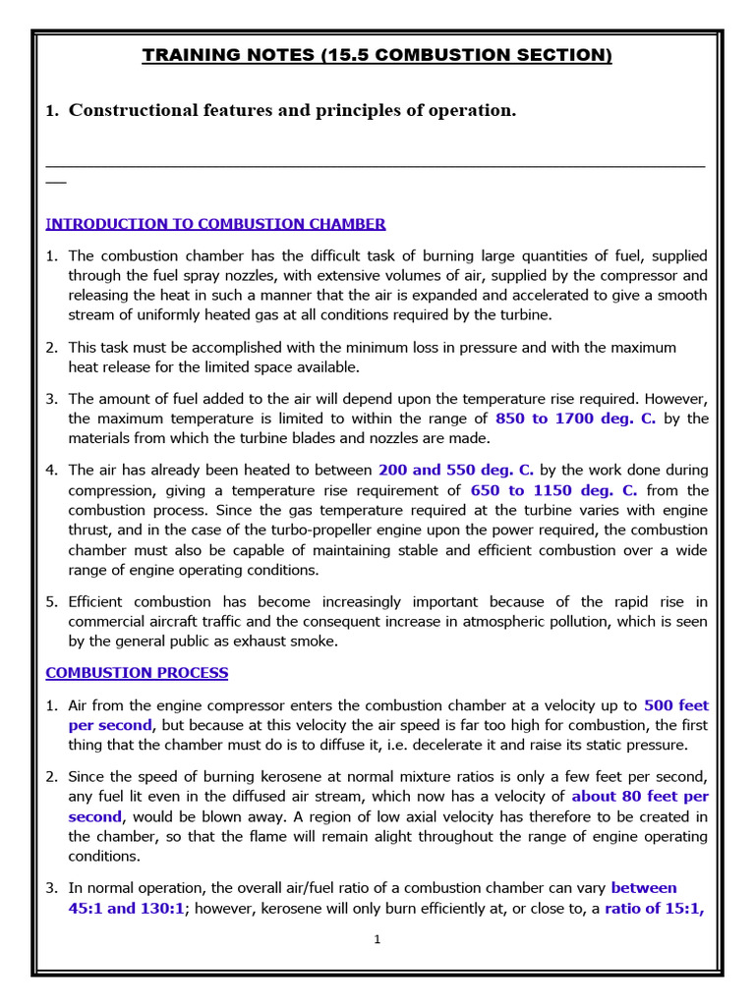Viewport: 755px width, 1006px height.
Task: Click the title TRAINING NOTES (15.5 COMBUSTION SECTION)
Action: click(x=377, y=56)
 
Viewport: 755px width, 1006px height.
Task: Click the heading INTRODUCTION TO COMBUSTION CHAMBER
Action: click(x=216, y=224)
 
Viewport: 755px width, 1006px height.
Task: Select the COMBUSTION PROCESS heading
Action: click(x=138, y=673)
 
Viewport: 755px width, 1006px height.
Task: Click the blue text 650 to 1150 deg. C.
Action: click(x=554, y=490)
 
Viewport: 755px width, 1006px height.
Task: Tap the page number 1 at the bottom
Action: click(x=377, y=939)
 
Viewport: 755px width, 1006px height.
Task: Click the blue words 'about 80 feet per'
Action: click(x=640, y=797)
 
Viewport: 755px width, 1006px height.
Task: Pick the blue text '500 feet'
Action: click(x=675, y=705)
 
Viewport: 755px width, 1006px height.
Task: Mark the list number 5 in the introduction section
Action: click(x=51, y=601)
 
